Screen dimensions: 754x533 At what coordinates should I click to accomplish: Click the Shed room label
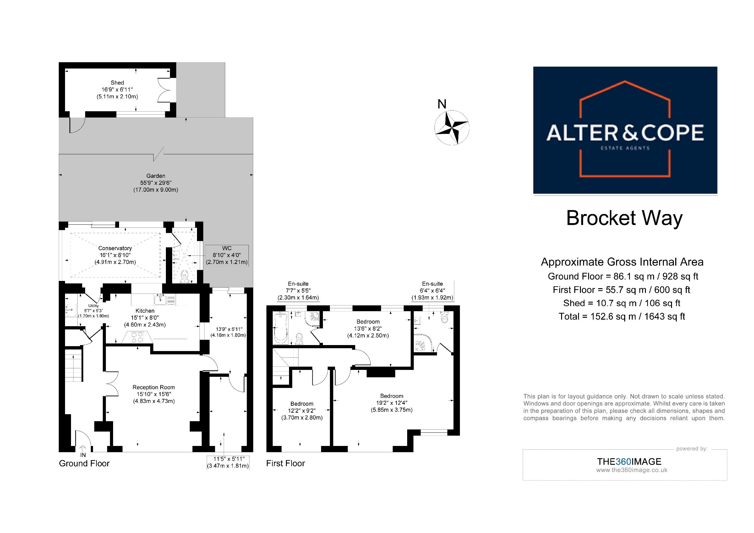pos(117,83)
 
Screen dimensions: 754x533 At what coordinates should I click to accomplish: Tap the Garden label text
pos(156,176)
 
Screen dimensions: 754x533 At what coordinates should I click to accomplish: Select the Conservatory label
pos(115,248)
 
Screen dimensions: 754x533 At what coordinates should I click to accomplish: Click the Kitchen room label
pos(145,311)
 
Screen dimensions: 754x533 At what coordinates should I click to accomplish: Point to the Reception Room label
pos(154,387)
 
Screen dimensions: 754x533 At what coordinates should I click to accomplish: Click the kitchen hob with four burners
pos(138,337)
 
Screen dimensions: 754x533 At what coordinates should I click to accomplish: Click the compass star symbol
pos(451,128)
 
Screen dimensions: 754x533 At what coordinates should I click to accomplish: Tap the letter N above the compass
pos(442,104)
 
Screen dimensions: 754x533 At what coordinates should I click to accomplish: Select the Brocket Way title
pos(624,218)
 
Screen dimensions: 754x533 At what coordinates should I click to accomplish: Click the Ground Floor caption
pos(84,463)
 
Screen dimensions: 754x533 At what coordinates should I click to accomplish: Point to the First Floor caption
pos(285,463)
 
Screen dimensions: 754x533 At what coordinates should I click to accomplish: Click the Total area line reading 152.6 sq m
pos(622,316)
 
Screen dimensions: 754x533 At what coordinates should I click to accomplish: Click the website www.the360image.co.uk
pos(632,470)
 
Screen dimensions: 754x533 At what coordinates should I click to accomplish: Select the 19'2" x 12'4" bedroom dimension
pos(392,403)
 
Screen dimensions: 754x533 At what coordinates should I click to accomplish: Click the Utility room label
pos(93,306)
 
